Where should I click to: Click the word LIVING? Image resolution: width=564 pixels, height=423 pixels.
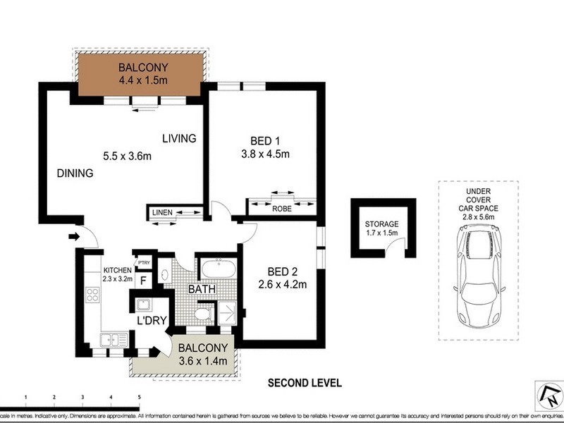pos(178,138)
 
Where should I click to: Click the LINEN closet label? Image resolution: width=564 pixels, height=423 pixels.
pos(161,211)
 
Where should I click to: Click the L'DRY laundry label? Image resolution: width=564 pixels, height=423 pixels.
pos(152,321)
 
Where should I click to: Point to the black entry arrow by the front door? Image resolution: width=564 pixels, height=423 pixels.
pos(73,238)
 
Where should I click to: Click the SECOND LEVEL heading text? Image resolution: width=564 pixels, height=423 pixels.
pos(304,384)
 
